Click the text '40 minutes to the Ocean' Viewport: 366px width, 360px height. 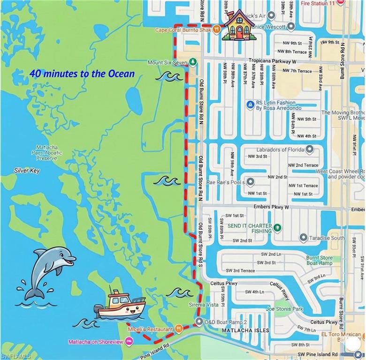click(82, 74)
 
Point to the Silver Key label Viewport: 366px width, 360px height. click(27, 171)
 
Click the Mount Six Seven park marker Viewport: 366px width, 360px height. click(193, 62)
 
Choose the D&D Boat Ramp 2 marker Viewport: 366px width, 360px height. click(199, 322)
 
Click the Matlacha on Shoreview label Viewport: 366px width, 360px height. click(96, 342)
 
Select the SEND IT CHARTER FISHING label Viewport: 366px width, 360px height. click(250, 228)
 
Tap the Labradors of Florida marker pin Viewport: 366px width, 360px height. click(309, 150)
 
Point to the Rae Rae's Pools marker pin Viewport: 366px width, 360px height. click(251, 181)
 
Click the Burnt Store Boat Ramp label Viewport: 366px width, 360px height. click(320, 261)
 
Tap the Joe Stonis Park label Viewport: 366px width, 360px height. click(284, 309)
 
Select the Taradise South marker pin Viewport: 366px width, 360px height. click(303, 238)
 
